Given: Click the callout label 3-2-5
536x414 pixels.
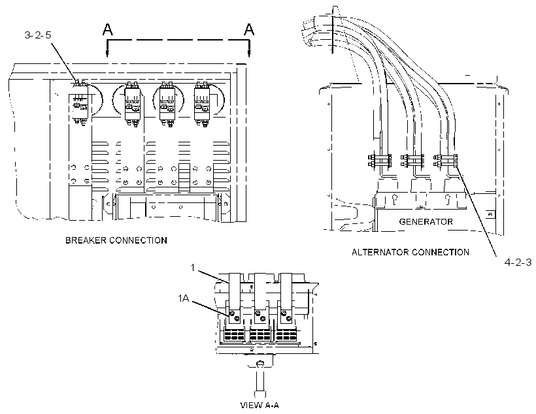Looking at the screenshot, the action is click(38, 35).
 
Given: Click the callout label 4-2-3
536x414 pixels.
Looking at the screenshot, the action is click(518, 263).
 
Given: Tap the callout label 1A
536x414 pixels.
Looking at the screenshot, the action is click(184, 298).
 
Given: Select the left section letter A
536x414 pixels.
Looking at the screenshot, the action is click(107, 29).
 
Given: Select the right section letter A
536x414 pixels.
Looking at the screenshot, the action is click(249, 29).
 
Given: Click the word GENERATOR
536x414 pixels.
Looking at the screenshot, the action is click(426, 221).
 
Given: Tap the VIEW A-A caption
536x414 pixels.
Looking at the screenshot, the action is click(260, 406).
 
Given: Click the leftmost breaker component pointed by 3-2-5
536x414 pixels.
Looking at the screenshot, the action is click(80, 103).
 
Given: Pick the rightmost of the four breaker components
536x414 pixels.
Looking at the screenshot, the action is click(202, 104).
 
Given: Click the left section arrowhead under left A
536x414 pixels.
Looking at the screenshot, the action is click(107, 53).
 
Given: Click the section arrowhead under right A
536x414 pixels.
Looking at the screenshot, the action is click(249, 53).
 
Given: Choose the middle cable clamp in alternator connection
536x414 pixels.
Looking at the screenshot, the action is click(412, 161).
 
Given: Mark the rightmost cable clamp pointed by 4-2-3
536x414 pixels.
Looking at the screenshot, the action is click(445, 161).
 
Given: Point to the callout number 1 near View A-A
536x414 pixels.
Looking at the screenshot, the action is click(192, 268).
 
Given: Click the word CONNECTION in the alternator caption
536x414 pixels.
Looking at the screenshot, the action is click(441, 253).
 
